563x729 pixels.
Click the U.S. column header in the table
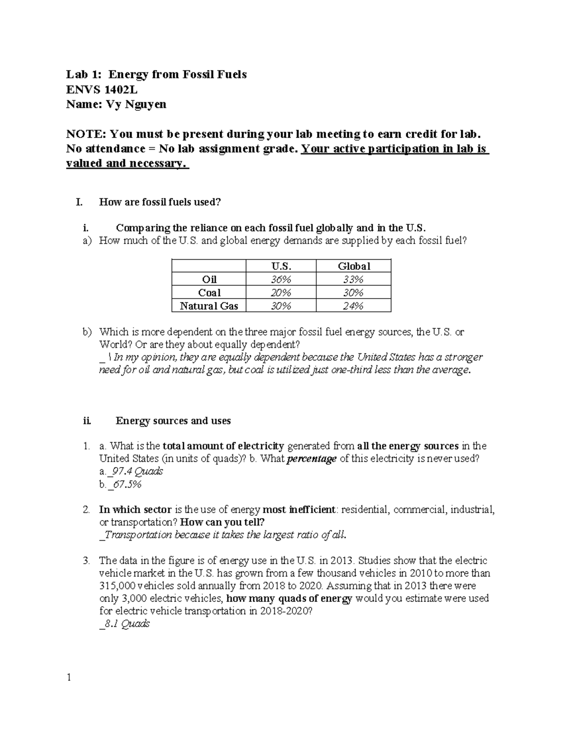281,266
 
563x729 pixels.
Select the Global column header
354,266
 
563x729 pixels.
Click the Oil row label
209,279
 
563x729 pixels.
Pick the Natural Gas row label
209,306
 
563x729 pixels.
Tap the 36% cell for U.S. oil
281,279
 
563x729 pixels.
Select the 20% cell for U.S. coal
281,293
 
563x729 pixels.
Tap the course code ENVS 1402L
102,89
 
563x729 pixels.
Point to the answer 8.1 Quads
127,624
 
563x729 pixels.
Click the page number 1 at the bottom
68,677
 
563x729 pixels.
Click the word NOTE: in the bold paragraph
85,134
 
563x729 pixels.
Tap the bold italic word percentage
312,459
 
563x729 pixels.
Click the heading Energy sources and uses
173,421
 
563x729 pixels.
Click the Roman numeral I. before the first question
79,202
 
